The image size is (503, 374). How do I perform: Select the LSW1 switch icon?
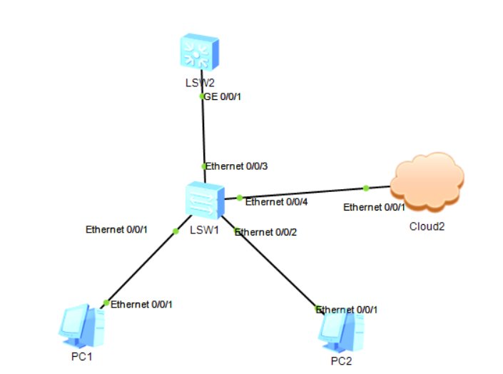coord(205,201)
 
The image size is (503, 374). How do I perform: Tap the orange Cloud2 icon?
coord(427,181)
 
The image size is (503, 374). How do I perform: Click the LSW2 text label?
coord(200,83)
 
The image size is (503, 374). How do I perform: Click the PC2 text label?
coord(341,360)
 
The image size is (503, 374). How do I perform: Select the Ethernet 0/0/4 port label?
coord(277,202)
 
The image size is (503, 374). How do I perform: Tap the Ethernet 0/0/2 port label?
coord(265,232)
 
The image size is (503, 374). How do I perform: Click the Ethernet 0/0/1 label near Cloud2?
coord(374,207)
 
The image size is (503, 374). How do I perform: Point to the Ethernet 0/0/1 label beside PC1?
coord(141,304)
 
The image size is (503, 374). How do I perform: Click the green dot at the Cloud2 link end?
coord(365,188)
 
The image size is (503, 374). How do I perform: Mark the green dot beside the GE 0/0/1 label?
coord(203,96)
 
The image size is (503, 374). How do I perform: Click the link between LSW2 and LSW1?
coord(203,128)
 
